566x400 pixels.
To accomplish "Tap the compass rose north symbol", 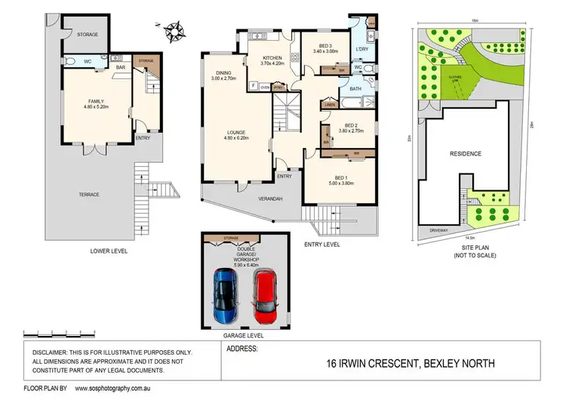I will coord(177,31).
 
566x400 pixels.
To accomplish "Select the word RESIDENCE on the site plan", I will coord(465,153).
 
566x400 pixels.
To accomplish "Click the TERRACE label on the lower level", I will coord(90,195).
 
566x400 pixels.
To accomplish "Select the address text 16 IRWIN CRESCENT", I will coord(361,364).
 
